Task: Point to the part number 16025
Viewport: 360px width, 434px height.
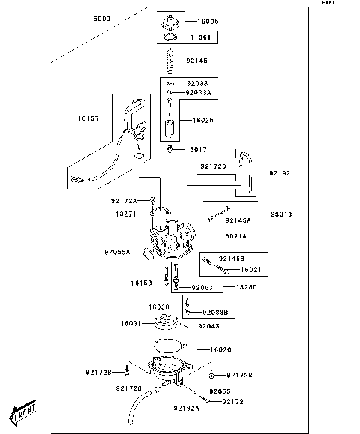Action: click(203, 120)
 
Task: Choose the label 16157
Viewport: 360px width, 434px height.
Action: click(88, 118)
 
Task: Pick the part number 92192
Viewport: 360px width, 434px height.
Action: click(279, 173)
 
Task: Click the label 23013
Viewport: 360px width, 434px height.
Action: click(281, 214)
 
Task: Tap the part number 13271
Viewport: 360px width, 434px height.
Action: click(125, 214)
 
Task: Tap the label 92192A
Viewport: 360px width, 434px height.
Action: click(186, 409)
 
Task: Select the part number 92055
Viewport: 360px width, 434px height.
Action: click(220, 391)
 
